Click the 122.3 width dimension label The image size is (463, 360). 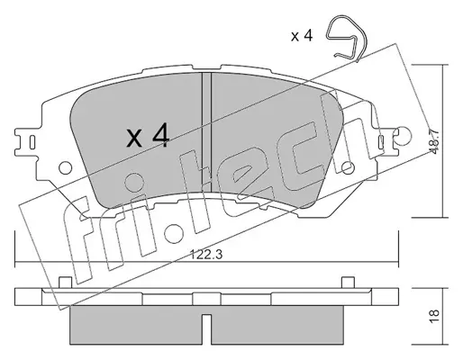[x=206, y=255]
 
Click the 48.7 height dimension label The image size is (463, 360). [x=435, y=140]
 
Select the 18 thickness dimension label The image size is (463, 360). [x=435, y=316]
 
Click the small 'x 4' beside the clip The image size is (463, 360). [x=302, y=36]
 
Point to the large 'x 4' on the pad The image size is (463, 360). [x=148, y=136]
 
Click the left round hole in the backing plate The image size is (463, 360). [x=65, y=167]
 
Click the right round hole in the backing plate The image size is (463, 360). [x=348, y=167]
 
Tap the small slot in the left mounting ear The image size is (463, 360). [x=32, y=142]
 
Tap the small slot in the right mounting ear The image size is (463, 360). [x=381, y=142]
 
